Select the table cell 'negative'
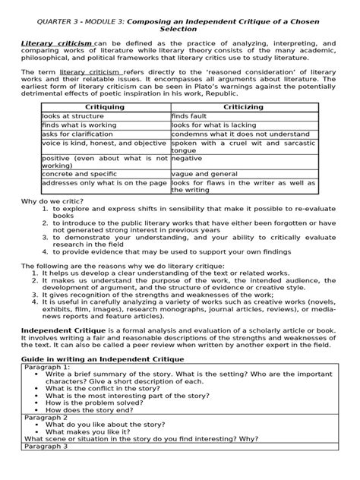[x=187, y=159]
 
